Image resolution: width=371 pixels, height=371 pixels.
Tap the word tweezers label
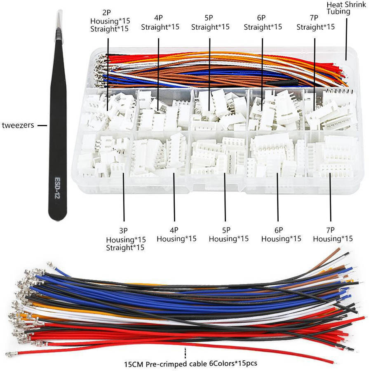point(18,125)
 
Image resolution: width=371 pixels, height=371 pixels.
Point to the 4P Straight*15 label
point(160,23)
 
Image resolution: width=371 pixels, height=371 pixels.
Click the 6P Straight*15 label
point(263,23)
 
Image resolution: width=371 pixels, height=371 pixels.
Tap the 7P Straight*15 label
point(315,23)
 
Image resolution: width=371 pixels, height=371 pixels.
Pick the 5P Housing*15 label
point(228,235)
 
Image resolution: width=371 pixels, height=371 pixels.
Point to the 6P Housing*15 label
point(281,235)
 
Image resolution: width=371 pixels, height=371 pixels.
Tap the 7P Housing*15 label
point(333,235)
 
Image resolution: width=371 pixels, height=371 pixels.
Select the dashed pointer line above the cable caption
point(185,353)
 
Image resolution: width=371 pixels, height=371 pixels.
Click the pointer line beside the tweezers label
point(42,125)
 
